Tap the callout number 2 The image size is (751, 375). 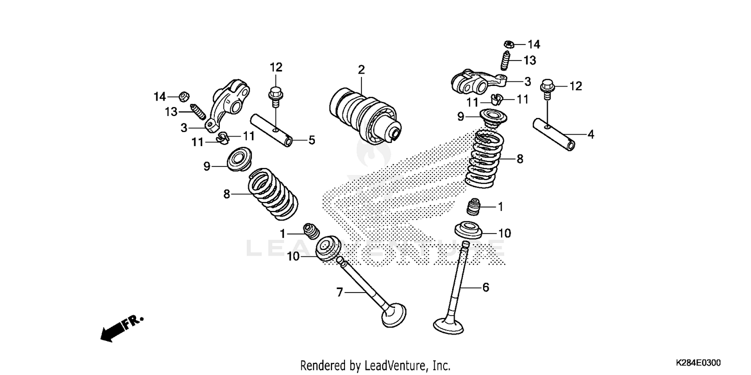click(x=361, y=69)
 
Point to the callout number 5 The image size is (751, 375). click(x=311, y=140)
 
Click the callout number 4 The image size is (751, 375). click(x=591, y=134)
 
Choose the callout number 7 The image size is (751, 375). click(x=339, y=292)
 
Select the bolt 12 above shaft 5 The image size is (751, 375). click(x=275, y=95)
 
